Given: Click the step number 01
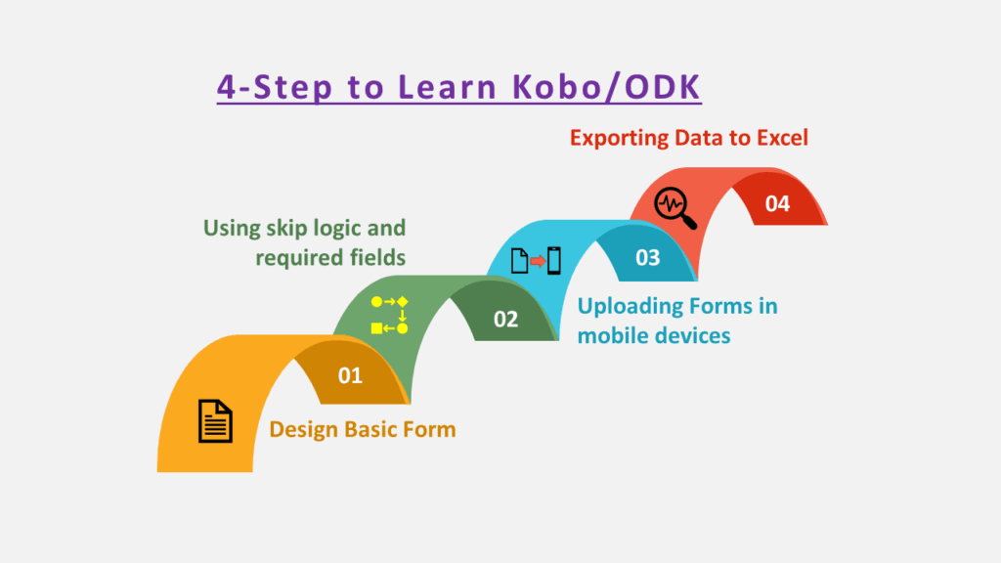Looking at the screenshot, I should coord(350,375).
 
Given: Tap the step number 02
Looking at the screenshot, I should coord(505,319).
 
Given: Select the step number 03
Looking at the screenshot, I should coord(647,259).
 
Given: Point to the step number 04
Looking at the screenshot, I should coord(777,204).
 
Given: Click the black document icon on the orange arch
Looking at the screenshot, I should coord(216,421).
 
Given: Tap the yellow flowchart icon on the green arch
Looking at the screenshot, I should coord(389,314).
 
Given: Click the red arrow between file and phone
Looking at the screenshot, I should coord(537,261).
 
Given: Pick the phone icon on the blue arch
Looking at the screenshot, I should coord(554,261).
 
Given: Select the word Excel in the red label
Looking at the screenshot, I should coord(782,138).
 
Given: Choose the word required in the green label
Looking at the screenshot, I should coord(293,258).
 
